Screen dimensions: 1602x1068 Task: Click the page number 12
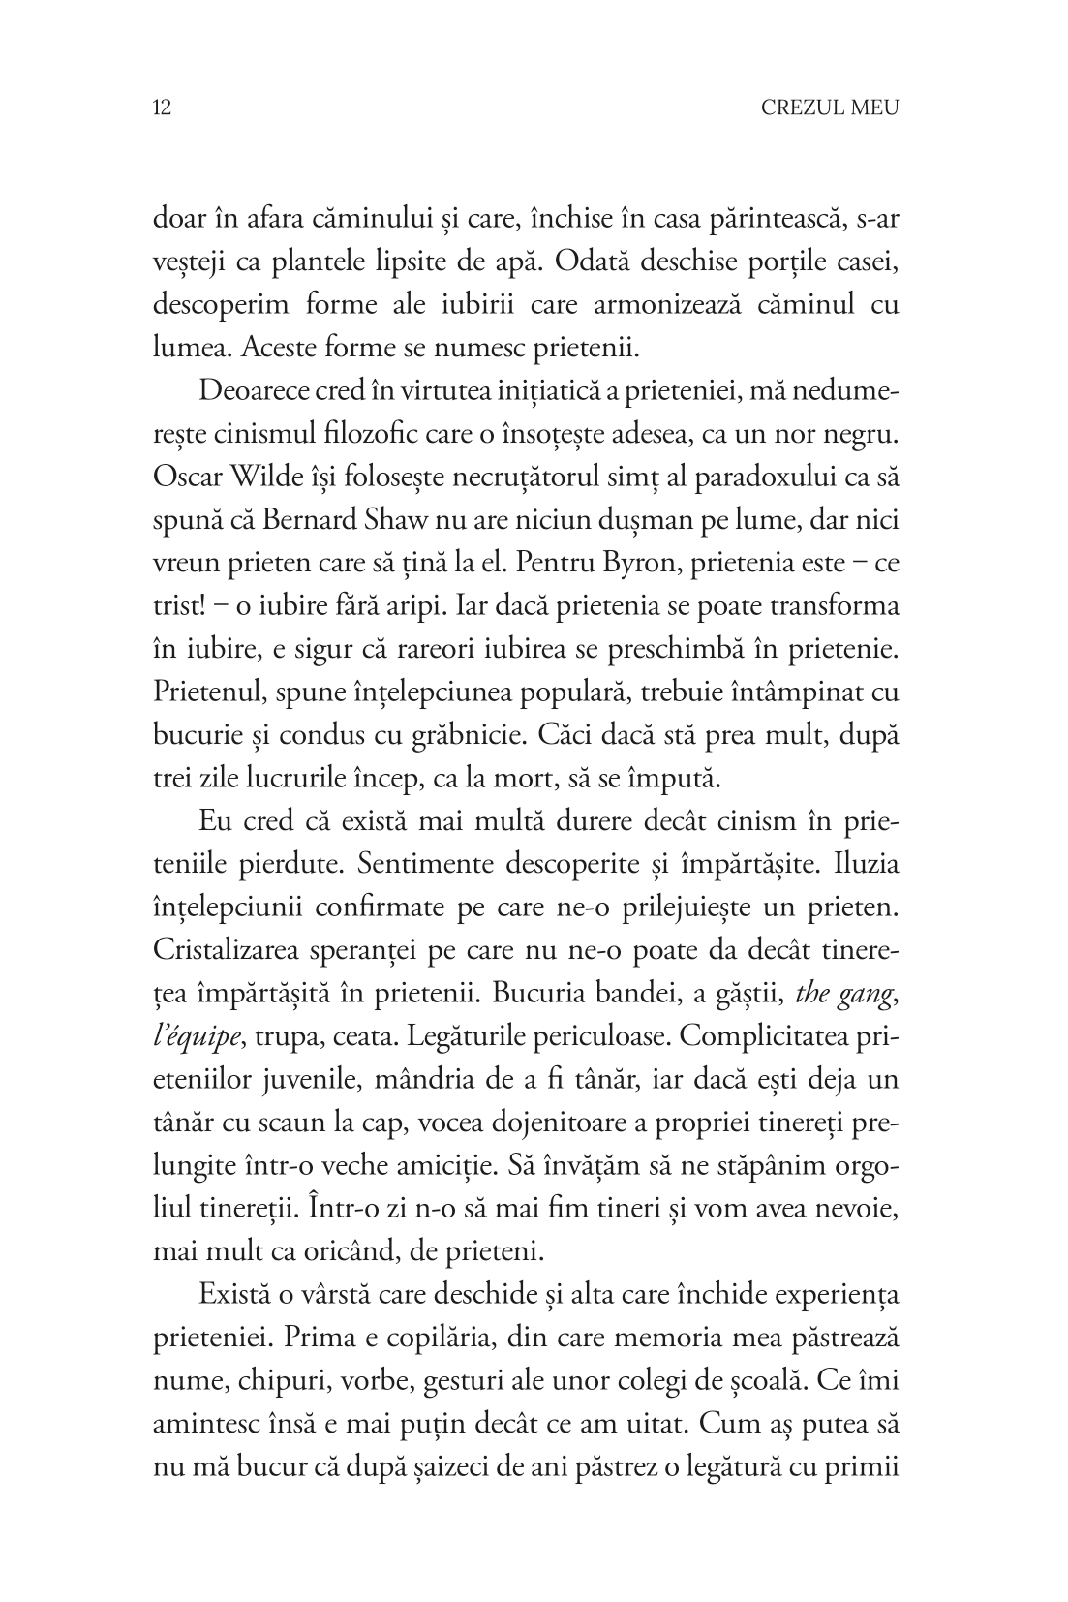pyautogui.click(x=163, y=108)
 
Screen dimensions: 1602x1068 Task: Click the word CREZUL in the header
pyautogui.click(x=800, y=108)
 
